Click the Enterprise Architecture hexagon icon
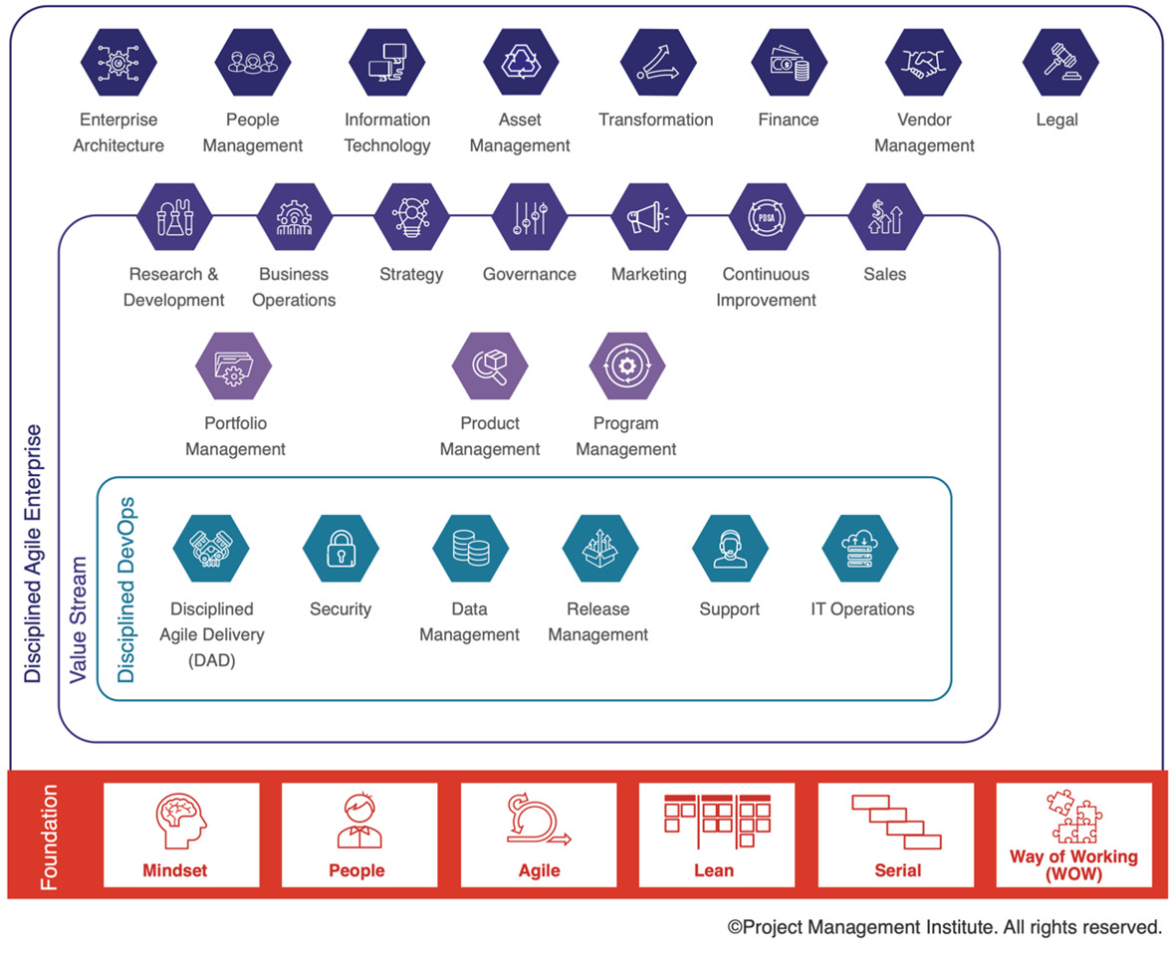point(118,63)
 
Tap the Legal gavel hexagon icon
point(1060,63)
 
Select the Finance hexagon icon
point(790,63)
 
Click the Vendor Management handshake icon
point(924,63)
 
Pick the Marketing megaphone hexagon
point(649,217)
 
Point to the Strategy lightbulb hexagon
point(411,217)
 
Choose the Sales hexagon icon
point(886,217)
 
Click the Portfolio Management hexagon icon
point(234,366)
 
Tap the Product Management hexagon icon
point(490,366)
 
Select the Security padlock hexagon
point(341,549)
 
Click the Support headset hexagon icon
point(731,549)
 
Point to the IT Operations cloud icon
point(860,549)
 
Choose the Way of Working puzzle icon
point(1074,817)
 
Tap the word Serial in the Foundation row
point(898,871)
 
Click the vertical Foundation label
point(49,836)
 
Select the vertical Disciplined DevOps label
point(126,591)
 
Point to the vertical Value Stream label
point(79,619)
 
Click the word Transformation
point(655,119)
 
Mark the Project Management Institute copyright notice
point(945,927)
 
